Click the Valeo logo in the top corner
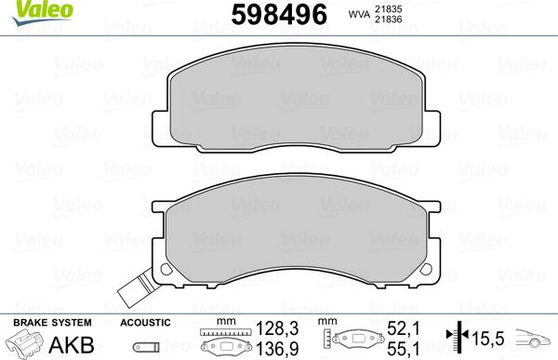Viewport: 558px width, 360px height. tap(43, 12)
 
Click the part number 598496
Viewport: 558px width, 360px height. tap(279, 15)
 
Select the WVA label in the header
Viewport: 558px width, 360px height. tap(359, 15)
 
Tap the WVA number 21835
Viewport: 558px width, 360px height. tap(388, 9)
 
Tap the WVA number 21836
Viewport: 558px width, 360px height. tap(388, 20)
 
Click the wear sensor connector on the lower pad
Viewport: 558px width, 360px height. tap(137, 289)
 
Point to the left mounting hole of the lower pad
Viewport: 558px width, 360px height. tap(166, 269)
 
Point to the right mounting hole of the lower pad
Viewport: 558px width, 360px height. tap(426, 269)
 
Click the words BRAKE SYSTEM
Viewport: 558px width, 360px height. tap(52, 323)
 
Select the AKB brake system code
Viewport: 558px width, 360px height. tap(72, 345)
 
